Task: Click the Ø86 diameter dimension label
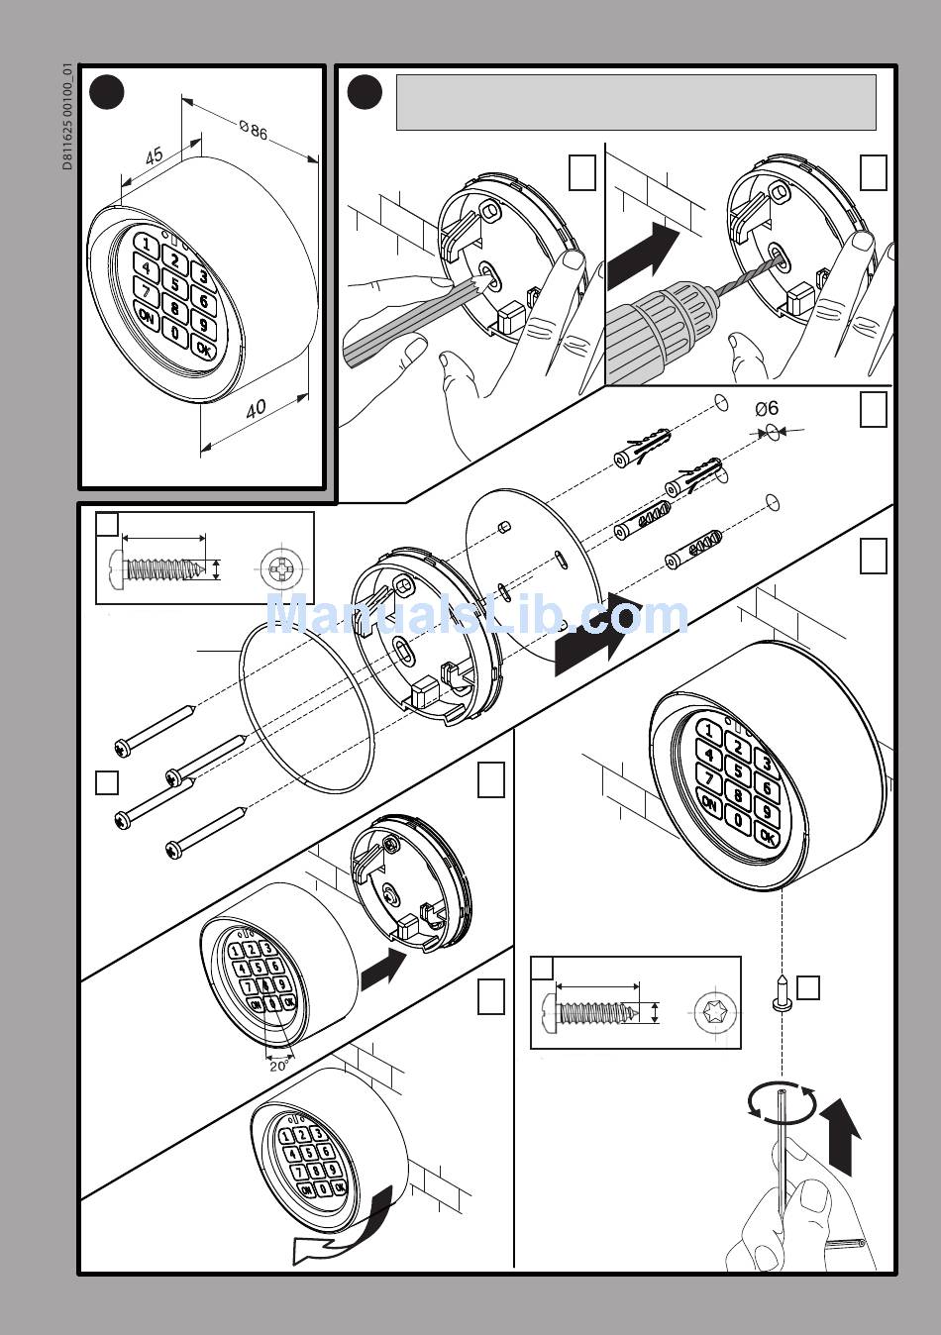click(x=254, y=130)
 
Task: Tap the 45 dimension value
click(x=154, y=156)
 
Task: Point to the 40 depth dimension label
click(x=257, y=408)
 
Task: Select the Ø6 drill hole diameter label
click(x=767, y=408)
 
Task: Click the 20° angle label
click(x=279, y=1067)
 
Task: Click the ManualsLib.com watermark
click(x=476, y=614)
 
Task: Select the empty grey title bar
click(x=636, y=102)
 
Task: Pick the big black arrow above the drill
click(x=644, y=256)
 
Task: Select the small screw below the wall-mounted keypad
click(x=781, y=992)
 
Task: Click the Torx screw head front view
click(x=715, y=1012)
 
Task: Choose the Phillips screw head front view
click(x=280, y=568)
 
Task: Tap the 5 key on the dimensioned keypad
click(x=174, y=283)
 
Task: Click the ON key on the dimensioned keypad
click(x=147, y=317)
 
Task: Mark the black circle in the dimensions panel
click(x=107, y=93)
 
